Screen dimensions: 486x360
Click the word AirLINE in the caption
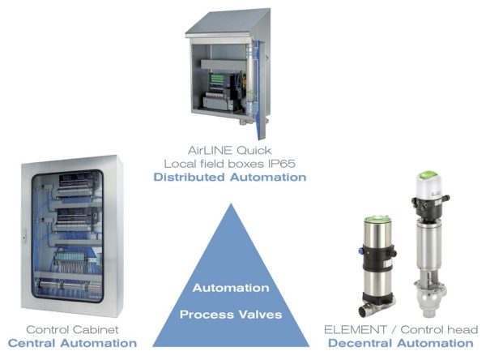coord(210,150)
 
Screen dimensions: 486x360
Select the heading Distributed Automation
coord(230,178)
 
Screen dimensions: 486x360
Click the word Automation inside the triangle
coord(231,288)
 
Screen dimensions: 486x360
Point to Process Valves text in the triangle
coord(231,315)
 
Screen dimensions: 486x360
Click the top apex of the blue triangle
coord(231,204)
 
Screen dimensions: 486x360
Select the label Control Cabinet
coord(72,329)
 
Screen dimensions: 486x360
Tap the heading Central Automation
coord(72,343)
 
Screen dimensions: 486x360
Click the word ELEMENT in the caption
coord(356,329)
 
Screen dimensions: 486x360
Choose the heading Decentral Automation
coord(401,343)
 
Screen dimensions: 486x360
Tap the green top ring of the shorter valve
coord(377,219)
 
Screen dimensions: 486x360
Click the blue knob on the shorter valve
coord(360,251)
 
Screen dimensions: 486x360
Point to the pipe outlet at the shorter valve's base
coord(363,311)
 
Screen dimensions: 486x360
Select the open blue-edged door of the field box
coord(259,88)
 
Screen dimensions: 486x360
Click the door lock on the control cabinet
coord(23,238)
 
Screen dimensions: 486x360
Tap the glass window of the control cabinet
coord(67,236)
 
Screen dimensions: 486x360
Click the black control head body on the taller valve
coord(429,206)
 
